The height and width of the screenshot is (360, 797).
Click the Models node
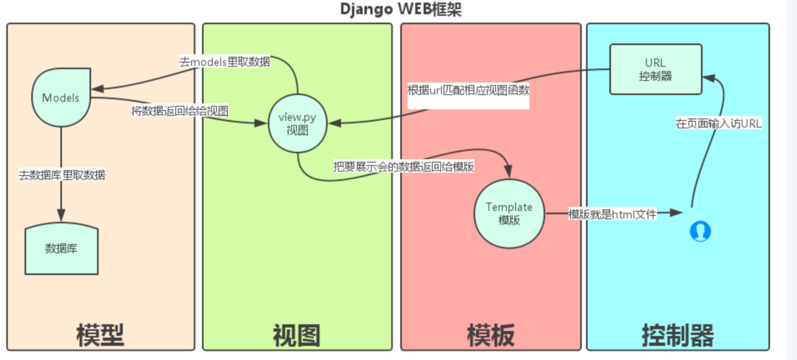point(60,97)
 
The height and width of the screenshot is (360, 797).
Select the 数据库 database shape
point(62,249)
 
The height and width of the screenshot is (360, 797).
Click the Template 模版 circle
point(509,213)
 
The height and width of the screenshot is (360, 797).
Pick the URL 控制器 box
point(655,69)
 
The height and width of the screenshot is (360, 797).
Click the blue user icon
point(700,231)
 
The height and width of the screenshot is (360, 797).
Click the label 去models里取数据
point(225,62)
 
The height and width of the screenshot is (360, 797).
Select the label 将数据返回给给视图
point(179,111)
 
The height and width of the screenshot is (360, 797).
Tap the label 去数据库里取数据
point(62,175)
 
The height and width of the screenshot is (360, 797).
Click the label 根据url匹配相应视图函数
point(469,90)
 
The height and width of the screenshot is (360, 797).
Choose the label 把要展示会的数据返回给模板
point(404,167)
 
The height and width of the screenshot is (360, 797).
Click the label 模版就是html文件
point(612,214)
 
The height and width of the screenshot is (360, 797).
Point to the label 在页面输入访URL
point(718,124)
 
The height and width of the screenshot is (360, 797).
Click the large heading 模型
point(100,335)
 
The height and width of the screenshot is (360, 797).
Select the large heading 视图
point(296,335)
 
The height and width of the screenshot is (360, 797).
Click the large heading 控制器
point(678,335)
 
